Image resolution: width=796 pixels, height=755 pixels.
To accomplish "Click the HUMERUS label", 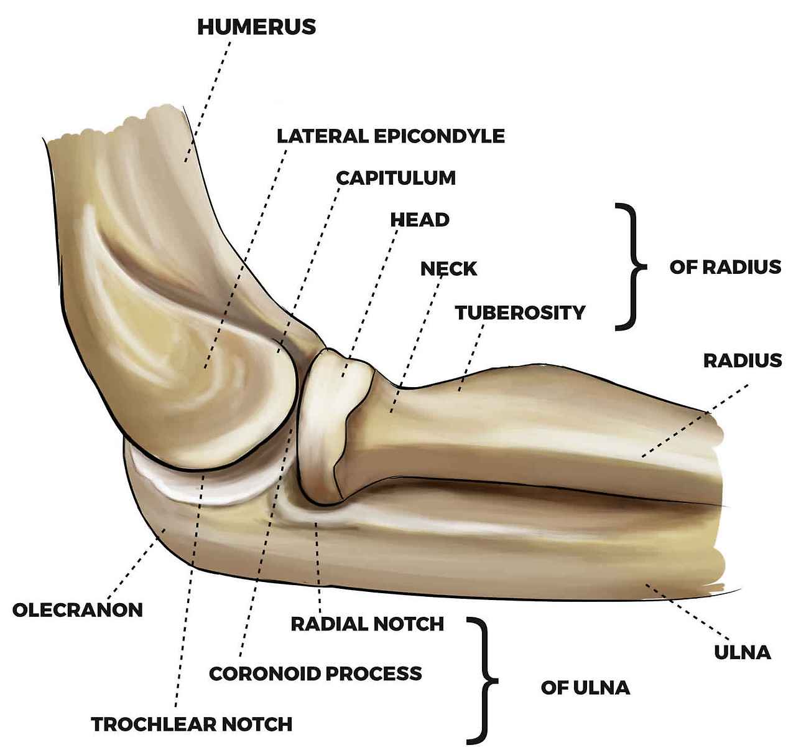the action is pyautogui.click(x=256, y=27).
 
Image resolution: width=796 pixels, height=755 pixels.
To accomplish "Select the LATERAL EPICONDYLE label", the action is pyautogui.click(x=391, y=136).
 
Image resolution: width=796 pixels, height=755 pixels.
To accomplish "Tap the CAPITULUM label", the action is pyautogui.click(x=396, y=177).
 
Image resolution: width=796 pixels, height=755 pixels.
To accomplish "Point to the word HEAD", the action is pyautogui.click(x=419, y=220).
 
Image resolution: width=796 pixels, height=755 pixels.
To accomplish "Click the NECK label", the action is pyautogui.click(x=448, y=269).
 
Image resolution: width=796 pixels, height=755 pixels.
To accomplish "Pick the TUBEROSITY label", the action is pyautogui.click(x=520, y=312).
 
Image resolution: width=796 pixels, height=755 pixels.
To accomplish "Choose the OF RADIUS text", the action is pyautogui.click(x=724, y=267).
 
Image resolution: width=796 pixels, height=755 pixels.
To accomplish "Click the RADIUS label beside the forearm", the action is pyautogui.click(x=742, y=360).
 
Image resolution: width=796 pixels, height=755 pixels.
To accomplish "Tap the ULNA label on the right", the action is pyautogui.click(x=742, y=652).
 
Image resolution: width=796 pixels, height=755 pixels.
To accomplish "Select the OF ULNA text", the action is pyautogui.click(x=585, y=688).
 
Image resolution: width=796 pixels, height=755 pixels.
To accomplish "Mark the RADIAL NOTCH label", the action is pyautogui.click(x=368, y=624).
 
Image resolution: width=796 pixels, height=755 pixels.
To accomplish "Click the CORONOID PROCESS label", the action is pyautogui.click(x=315, y=673).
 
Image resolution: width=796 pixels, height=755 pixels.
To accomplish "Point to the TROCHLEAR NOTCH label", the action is pyautogui.click(x=192, y=724).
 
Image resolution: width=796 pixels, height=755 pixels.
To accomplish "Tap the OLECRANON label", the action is pyautogui.click(x=78, y=609).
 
